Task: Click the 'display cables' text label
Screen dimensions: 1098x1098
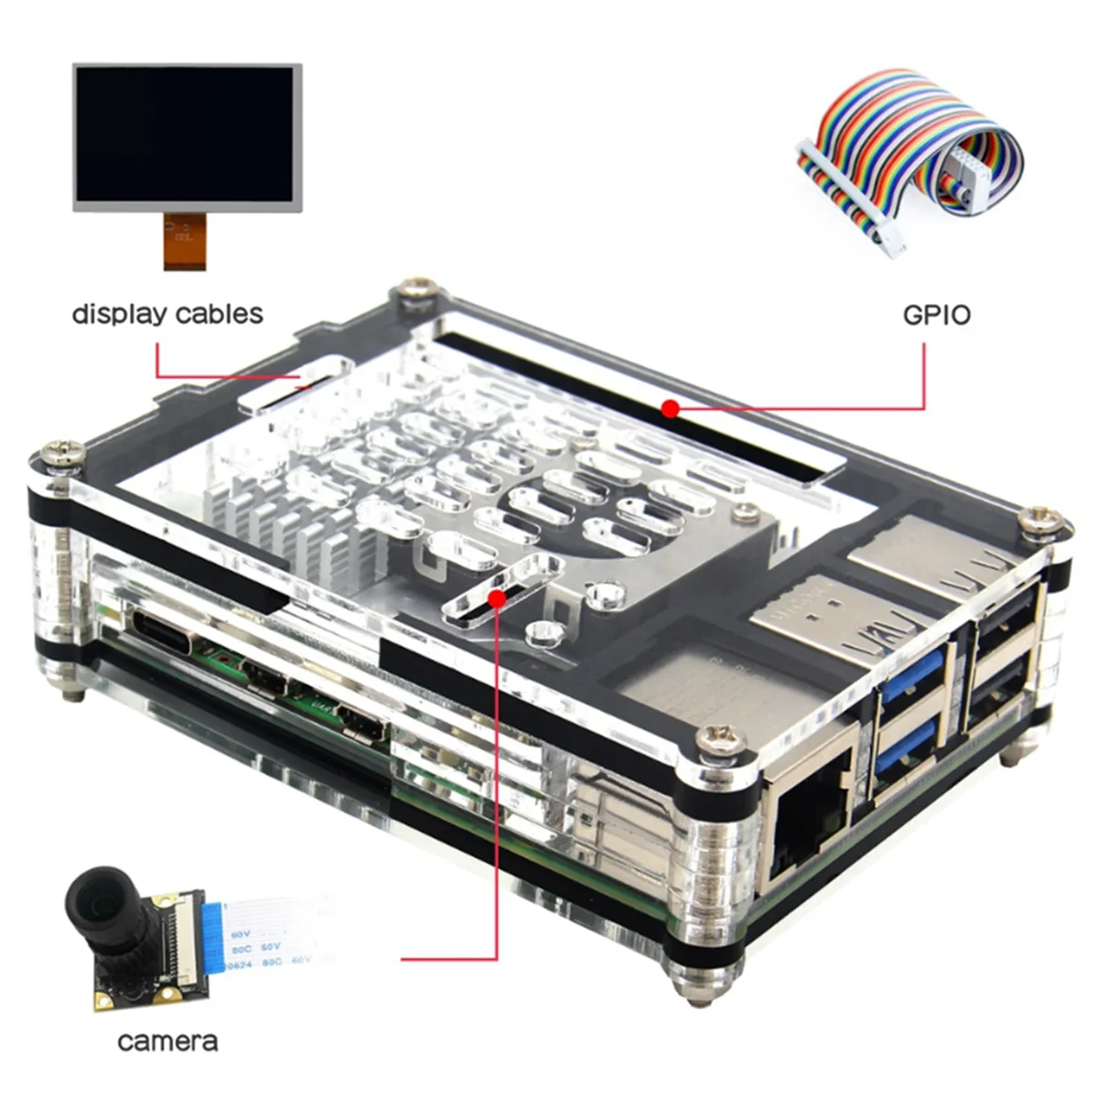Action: pos(167,314)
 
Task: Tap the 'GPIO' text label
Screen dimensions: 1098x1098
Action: pos(936,315)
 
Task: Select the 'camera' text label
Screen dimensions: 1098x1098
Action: pos(167,1040)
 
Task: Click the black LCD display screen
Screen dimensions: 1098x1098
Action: pos(188,134)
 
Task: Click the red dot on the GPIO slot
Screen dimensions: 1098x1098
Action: pos(670,407)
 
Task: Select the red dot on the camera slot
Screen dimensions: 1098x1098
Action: pos(496,597)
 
